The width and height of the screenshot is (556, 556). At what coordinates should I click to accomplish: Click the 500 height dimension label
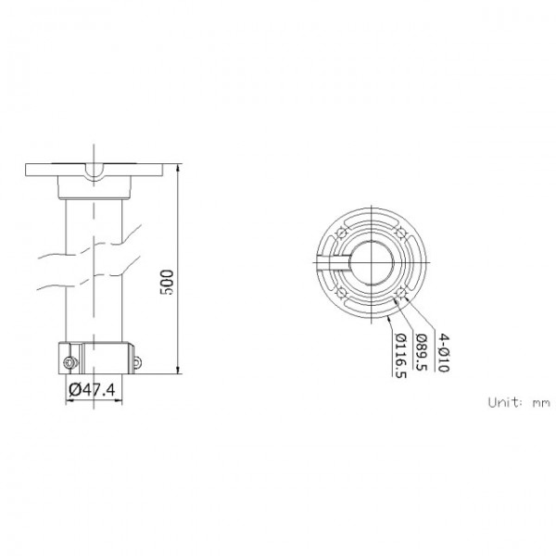[x=167, y=283]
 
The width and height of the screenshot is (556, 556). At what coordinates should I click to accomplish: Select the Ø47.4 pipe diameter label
[x=92, y=390]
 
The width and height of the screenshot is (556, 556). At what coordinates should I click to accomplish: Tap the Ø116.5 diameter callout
[x=400, y=356]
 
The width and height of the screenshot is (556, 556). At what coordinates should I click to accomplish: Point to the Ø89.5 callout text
[x=422, y=352]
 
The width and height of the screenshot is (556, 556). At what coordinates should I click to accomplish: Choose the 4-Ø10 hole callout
[x=443, y=352]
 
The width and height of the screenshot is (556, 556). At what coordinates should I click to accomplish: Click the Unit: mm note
[x=519, y=402]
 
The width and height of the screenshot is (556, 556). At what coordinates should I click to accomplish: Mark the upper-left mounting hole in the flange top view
[x=341, y=233]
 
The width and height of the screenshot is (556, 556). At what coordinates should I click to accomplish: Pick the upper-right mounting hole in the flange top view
[x=401, y=233]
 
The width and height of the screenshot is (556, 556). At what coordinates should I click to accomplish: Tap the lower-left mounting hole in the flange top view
[x=341, y=293]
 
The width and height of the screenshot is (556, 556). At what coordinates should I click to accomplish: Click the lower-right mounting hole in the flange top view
[x=401, y=293]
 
